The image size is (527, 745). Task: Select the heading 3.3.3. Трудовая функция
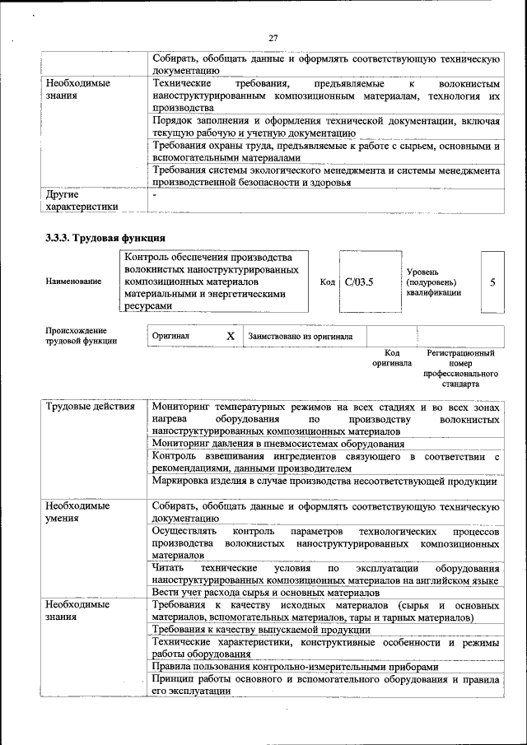(x=100, y=239)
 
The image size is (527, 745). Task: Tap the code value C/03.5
(x=359, y=282)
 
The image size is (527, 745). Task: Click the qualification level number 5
(x=492, y=282)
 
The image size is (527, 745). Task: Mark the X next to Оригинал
(x=231, y=336)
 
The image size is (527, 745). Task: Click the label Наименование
(x=74, y=282)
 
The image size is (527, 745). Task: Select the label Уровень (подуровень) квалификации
(x=433, y=282)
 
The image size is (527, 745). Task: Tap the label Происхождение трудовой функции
(x=82, y=335)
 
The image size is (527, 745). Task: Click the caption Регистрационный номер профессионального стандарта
(x=460, y=368)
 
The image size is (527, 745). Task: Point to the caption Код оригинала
(x=391, y=357)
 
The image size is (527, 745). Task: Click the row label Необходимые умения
(x=78, y=511)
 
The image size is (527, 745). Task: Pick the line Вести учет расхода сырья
(x=265, y=592)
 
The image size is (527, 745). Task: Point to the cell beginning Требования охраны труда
(x=326, y=151)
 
